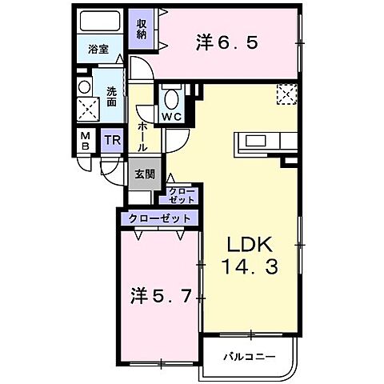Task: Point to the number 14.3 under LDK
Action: click(250, 268)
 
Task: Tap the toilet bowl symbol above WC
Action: click(170, 98)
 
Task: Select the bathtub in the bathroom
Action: click(101, 22)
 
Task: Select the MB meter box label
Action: click(85, 141)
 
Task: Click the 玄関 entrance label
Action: click(144, 174)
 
